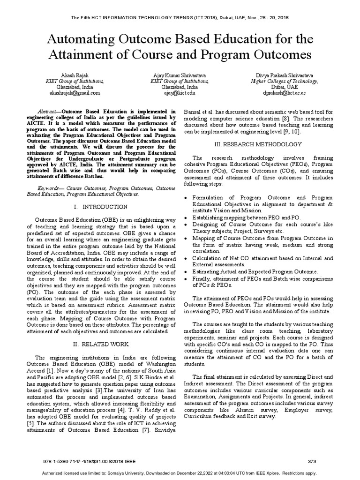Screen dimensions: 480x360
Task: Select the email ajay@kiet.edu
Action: [x=180, y=93]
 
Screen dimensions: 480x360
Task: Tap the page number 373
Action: [x=312, y=461]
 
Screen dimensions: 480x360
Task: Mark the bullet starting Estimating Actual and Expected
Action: [x=255, y=271]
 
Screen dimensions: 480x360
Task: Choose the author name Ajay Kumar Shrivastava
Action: [x=180, y=75]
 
